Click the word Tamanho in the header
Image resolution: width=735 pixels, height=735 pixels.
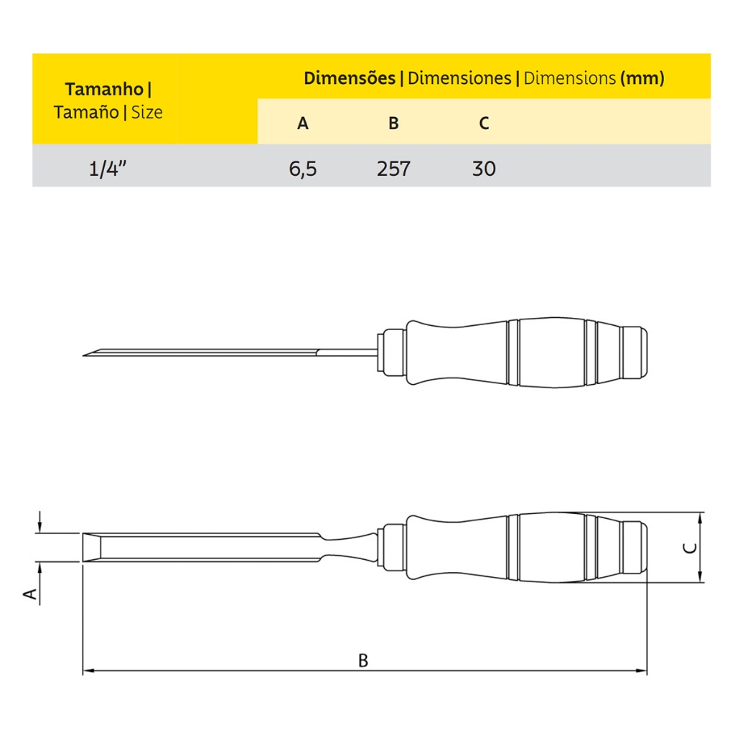tap(104, 89)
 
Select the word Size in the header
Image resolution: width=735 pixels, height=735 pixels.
tap(146, 113)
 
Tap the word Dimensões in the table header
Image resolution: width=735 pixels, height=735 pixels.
tap(350, 78)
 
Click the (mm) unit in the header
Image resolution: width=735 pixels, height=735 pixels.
tap(642, 78)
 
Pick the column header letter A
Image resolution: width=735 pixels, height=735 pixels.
tap(303, 123)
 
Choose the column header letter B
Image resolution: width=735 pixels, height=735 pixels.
tap(394, 123)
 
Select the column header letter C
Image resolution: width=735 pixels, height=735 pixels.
tap(484, 123)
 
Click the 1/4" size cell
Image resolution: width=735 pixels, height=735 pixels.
tap(108, 168)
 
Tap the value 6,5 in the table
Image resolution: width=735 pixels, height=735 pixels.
tap(303, 169)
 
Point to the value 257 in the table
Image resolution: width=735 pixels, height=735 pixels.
tap(394, 169)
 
